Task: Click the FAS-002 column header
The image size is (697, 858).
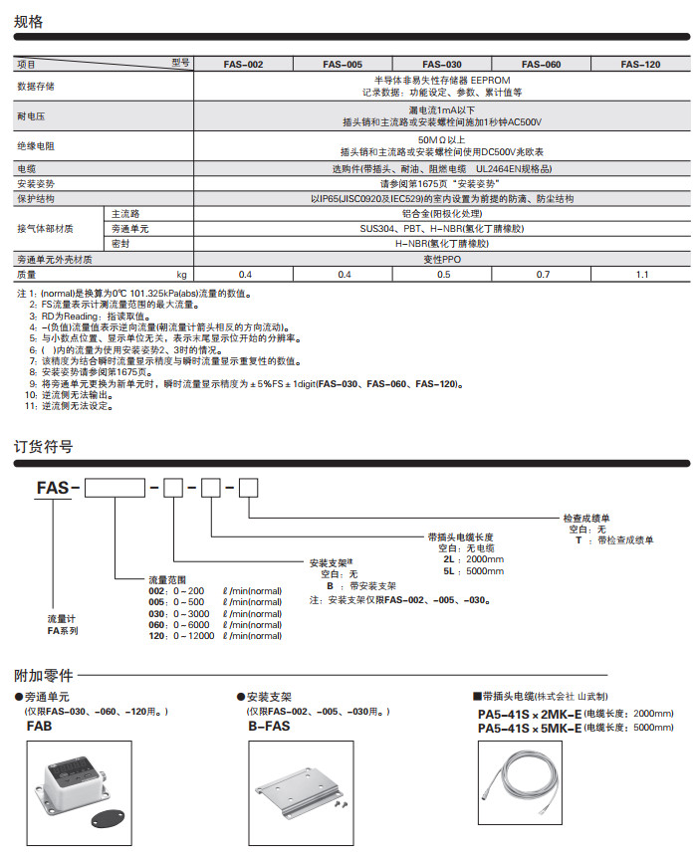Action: pos(243,65)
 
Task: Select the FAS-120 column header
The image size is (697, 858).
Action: pos(640,65)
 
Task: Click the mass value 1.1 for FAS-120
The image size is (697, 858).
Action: pos(640,274)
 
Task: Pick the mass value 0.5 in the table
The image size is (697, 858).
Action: pos(442,274)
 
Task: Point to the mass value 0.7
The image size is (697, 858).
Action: pos(542,274)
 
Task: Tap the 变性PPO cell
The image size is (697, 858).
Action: pos(442,259)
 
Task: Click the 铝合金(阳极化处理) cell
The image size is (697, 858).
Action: pos(442,214)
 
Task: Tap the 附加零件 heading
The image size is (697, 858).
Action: pos(43,676)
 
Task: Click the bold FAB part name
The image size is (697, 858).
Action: pos(38,727)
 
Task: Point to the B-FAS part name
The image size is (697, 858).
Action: pos(267,727)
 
